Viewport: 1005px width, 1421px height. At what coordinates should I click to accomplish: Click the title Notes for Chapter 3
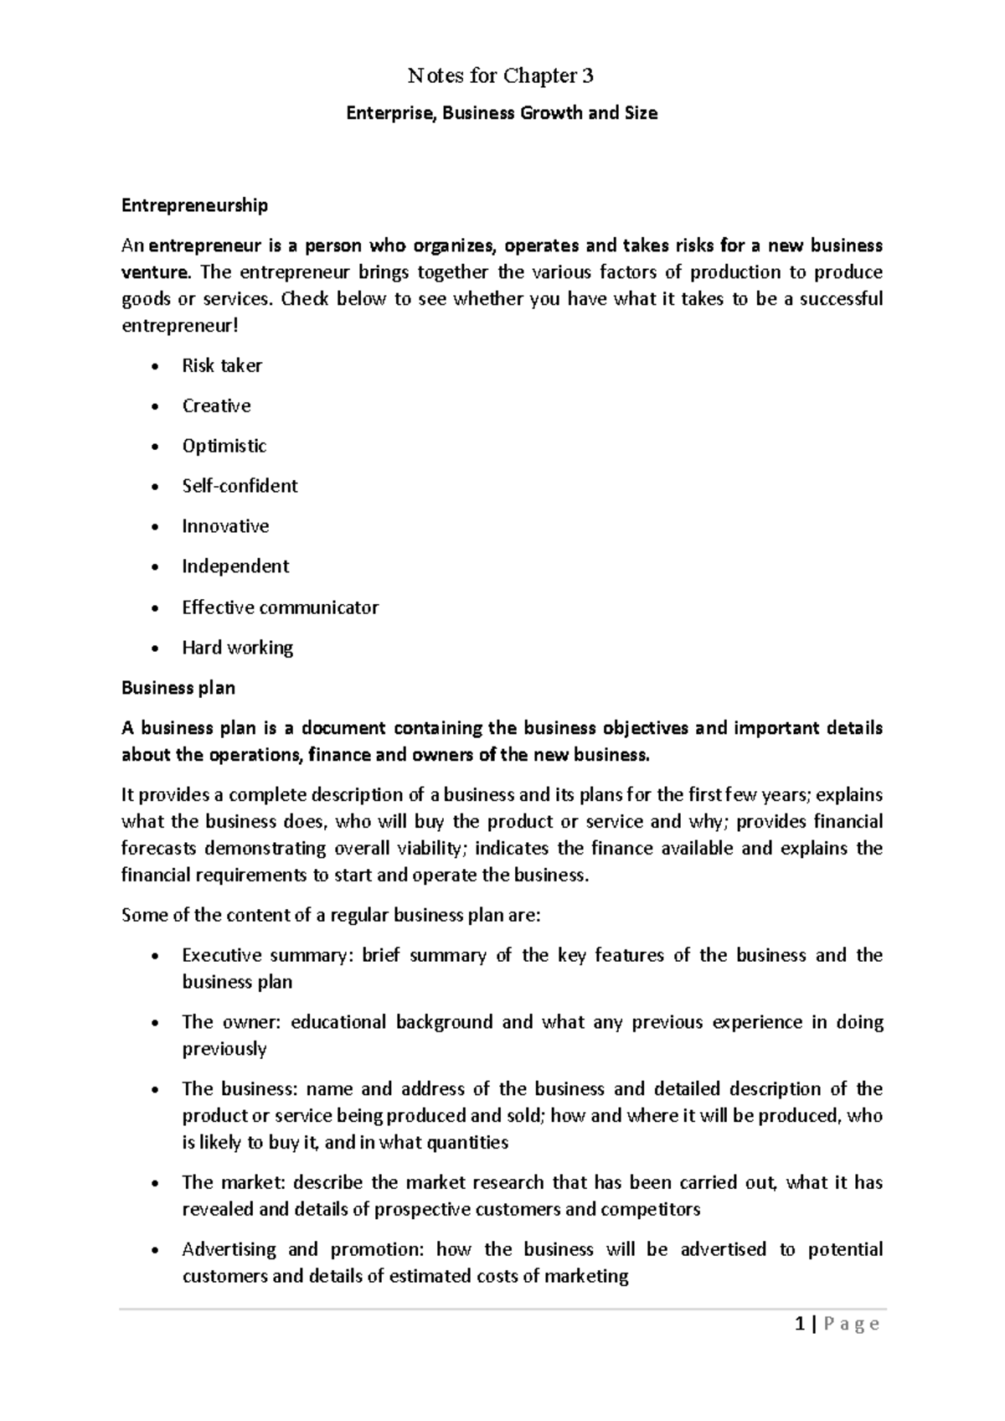click(x=501, y=76)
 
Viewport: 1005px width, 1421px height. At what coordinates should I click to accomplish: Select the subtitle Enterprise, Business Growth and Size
click(x=502, y=113)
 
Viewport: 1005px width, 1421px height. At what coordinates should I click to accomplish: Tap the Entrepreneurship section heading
click(x=194, y=205)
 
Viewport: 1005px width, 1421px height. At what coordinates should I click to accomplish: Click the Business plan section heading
click(x=178, y=688)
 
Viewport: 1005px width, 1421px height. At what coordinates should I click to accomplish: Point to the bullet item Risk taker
click(x=222, y=366)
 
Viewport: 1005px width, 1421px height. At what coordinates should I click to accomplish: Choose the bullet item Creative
click(x=216, y=406)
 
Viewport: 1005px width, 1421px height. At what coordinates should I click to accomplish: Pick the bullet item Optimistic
click(x=224, y=447)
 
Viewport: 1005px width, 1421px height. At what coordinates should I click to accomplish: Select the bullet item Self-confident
click(x=240, y=487)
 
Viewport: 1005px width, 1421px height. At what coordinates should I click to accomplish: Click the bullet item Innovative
click(x=225, y=527)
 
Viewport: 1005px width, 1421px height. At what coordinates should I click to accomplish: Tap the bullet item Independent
click(x=235, y=567)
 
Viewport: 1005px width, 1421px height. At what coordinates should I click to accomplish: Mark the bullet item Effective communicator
click(x=280, y=607)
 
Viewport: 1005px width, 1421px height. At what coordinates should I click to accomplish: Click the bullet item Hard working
click(x=237, y=648)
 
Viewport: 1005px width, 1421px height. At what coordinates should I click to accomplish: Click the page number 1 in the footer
click(x=801, y=1325)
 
